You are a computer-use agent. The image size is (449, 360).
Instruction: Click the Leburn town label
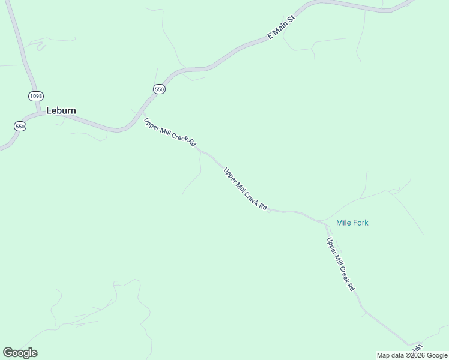pyautogui.click(x=61, y=110)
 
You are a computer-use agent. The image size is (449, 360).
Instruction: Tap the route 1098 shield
pyautogui.click(x=35, y=96)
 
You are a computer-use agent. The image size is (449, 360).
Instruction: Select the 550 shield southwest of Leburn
pyautogui.click(x=20, y=126)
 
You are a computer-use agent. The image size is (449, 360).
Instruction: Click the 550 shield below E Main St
pyautogui.click(x=159, y=89)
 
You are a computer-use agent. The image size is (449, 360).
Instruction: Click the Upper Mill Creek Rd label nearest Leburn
pyautogui.click(x=170, y=132)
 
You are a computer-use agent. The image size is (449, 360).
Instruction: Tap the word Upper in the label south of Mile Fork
pyautogui.click(x=331, y=245)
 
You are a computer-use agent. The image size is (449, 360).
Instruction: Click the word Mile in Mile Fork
pyautogui.click(x=343, y=223)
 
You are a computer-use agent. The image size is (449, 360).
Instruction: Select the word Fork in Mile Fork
pyautogui.click(x=360, y=223)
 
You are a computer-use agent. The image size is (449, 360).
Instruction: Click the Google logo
pyautogui.click(x=20, y=353)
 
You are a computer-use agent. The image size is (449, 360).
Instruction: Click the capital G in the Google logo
pyautogui.click(x=8, y=353)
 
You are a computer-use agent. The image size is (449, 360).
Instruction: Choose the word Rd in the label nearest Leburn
pyautogui.click(x=192, y=143)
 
